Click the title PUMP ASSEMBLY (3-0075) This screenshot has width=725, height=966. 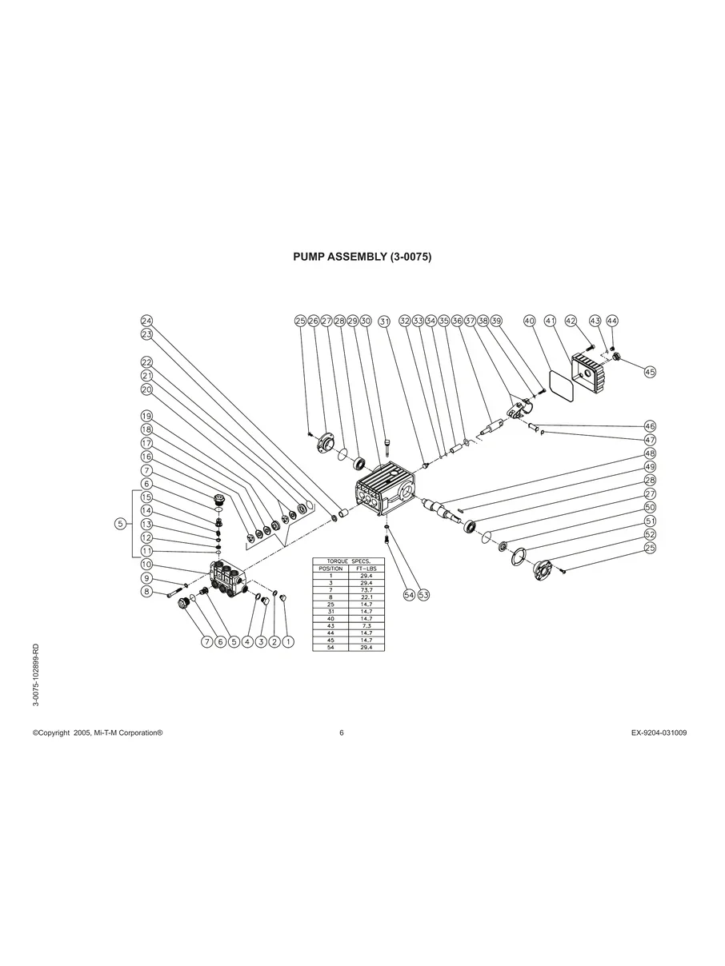[362, 257]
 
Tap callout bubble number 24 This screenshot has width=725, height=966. [146, 321]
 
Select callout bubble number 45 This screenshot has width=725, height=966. [650, 372]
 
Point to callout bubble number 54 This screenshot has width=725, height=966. [409, 595]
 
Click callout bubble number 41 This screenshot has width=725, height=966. [550, 321]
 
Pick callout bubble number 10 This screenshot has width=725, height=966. [146, 565]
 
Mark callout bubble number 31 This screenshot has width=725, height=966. [384, 321]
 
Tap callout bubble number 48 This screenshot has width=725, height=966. [650, 453]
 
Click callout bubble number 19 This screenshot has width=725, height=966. [146, 416]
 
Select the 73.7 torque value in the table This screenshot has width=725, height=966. [367, 589]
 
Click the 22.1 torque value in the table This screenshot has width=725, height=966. [367, 596]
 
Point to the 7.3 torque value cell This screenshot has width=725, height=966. [367, 625]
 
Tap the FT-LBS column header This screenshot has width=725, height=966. [367, 567]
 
